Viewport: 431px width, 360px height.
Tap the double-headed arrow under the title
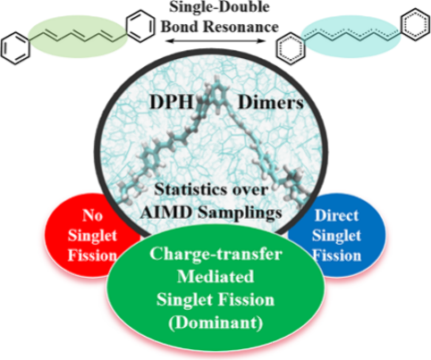(x=215, y=41)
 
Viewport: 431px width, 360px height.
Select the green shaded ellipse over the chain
(x=78, y=36)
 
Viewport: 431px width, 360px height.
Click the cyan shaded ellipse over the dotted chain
(x=351, y=37)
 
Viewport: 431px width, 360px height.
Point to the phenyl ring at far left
(x=15, y=49)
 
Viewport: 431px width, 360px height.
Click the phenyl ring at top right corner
(x=416, y=24)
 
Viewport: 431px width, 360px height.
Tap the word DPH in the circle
(x=172, y=103)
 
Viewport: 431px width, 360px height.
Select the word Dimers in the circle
(x=271, y=103)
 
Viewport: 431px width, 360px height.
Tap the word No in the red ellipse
(x=92, y=215)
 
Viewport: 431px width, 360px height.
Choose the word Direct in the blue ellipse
(x=336, y=215)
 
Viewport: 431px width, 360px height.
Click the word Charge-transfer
(x=215, y=254)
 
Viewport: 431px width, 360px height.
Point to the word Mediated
(x=215, y=277)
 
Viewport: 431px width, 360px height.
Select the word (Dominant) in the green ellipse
(x=215, y=322)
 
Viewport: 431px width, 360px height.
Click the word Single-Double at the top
(x=219, y=7)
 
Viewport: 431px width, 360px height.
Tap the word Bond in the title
(x=180, y=27)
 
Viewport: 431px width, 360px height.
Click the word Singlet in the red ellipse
(x=92, y=236)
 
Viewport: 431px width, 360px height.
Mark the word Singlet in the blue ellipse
(x=336, y=236)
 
